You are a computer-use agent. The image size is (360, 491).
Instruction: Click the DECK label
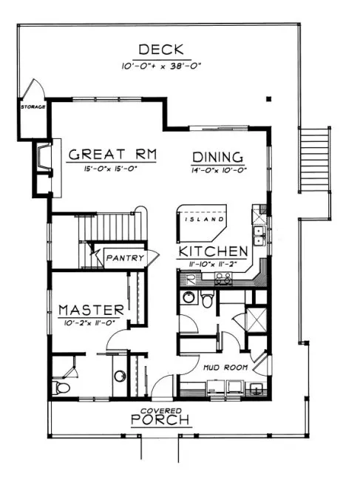(162, 51)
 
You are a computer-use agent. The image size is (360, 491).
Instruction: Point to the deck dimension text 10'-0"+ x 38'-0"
(162, 66)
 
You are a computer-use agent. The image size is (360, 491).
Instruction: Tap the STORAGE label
(33, 106)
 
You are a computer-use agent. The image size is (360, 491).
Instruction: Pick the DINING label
(218, 157)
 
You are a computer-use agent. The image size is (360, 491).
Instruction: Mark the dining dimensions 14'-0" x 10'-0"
(218, 170)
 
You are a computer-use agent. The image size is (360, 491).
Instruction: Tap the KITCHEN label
(213, 250)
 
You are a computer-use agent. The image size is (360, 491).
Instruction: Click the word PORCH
(160, 420)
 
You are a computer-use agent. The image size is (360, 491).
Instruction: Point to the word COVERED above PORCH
(160, 410)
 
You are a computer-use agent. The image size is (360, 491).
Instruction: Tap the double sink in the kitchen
(259, 234)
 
